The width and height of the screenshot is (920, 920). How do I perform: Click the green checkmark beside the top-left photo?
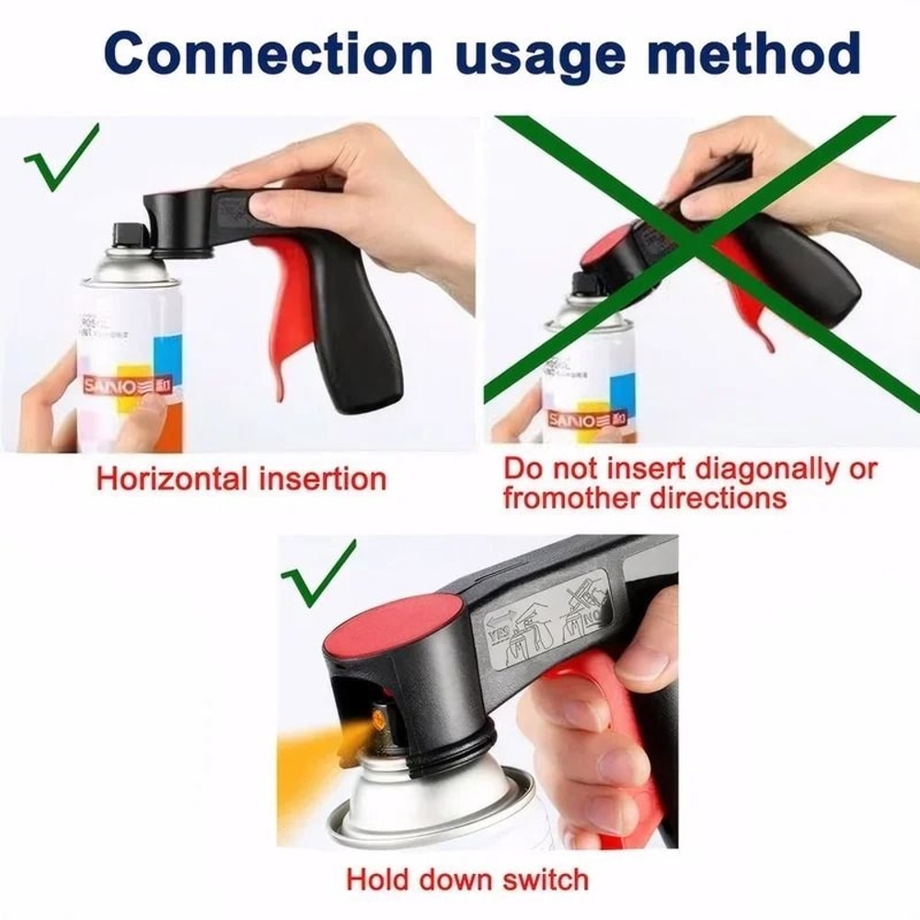pos(61,156)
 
